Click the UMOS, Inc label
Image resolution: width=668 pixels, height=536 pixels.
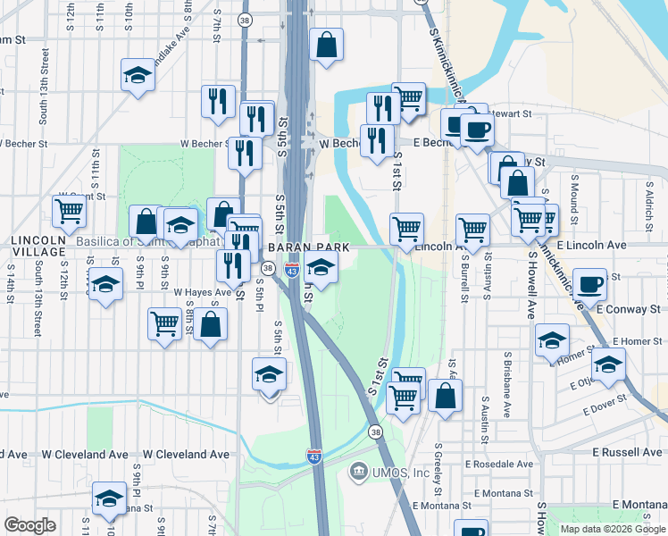[x=401, y=472]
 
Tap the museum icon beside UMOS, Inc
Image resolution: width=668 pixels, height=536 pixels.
[x=359, y=471]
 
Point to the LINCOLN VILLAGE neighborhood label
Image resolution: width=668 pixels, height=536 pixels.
[x=38, y=247]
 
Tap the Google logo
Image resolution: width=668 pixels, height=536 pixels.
[x=29, y=525]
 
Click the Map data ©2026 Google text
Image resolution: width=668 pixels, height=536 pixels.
[x=613, y=528]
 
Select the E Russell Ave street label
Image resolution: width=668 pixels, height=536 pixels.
[x=629, y=453]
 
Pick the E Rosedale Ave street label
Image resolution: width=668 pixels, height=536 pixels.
[x=499, y=465]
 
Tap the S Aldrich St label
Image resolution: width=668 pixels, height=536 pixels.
[x=649, y=203]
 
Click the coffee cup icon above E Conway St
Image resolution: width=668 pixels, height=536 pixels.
[x=589, y=285]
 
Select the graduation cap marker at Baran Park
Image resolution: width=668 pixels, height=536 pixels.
[x=321, y=268]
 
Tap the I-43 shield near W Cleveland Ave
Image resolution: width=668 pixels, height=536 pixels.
[x=314, y=456]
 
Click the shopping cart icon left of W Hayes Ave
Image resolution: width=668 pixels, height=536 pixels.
[x=164, y=323]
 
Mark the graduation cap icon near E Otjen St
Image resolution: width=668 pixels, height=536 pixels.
[x=609, y=365]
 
